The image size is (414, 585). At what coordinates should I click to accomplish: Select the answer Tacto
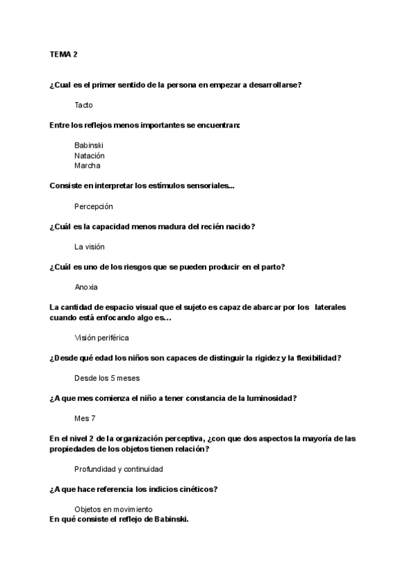83,105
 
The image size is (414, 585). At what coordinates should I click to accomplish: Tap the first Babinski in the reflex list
89,146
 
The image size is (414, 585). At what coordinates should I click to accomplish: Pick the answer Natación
90,156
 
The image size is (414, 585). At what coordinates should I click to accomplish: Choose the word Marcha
87,166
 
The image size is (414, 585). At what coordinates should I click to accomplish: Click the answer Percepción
93,206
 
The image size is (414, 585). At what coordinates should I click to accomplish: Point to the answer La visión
90,246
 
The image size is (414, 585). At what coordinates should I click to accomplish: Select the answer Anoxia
86,287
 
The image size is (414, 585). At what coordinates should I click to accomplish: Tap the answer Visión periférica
101,337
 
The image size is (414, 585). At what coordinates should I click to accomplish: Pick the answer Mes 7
85,418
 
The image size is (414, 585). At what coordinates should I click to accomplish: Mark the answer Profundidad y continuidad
119,469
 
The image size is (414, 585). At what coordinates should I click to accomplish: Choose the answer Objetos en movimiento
113,509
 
